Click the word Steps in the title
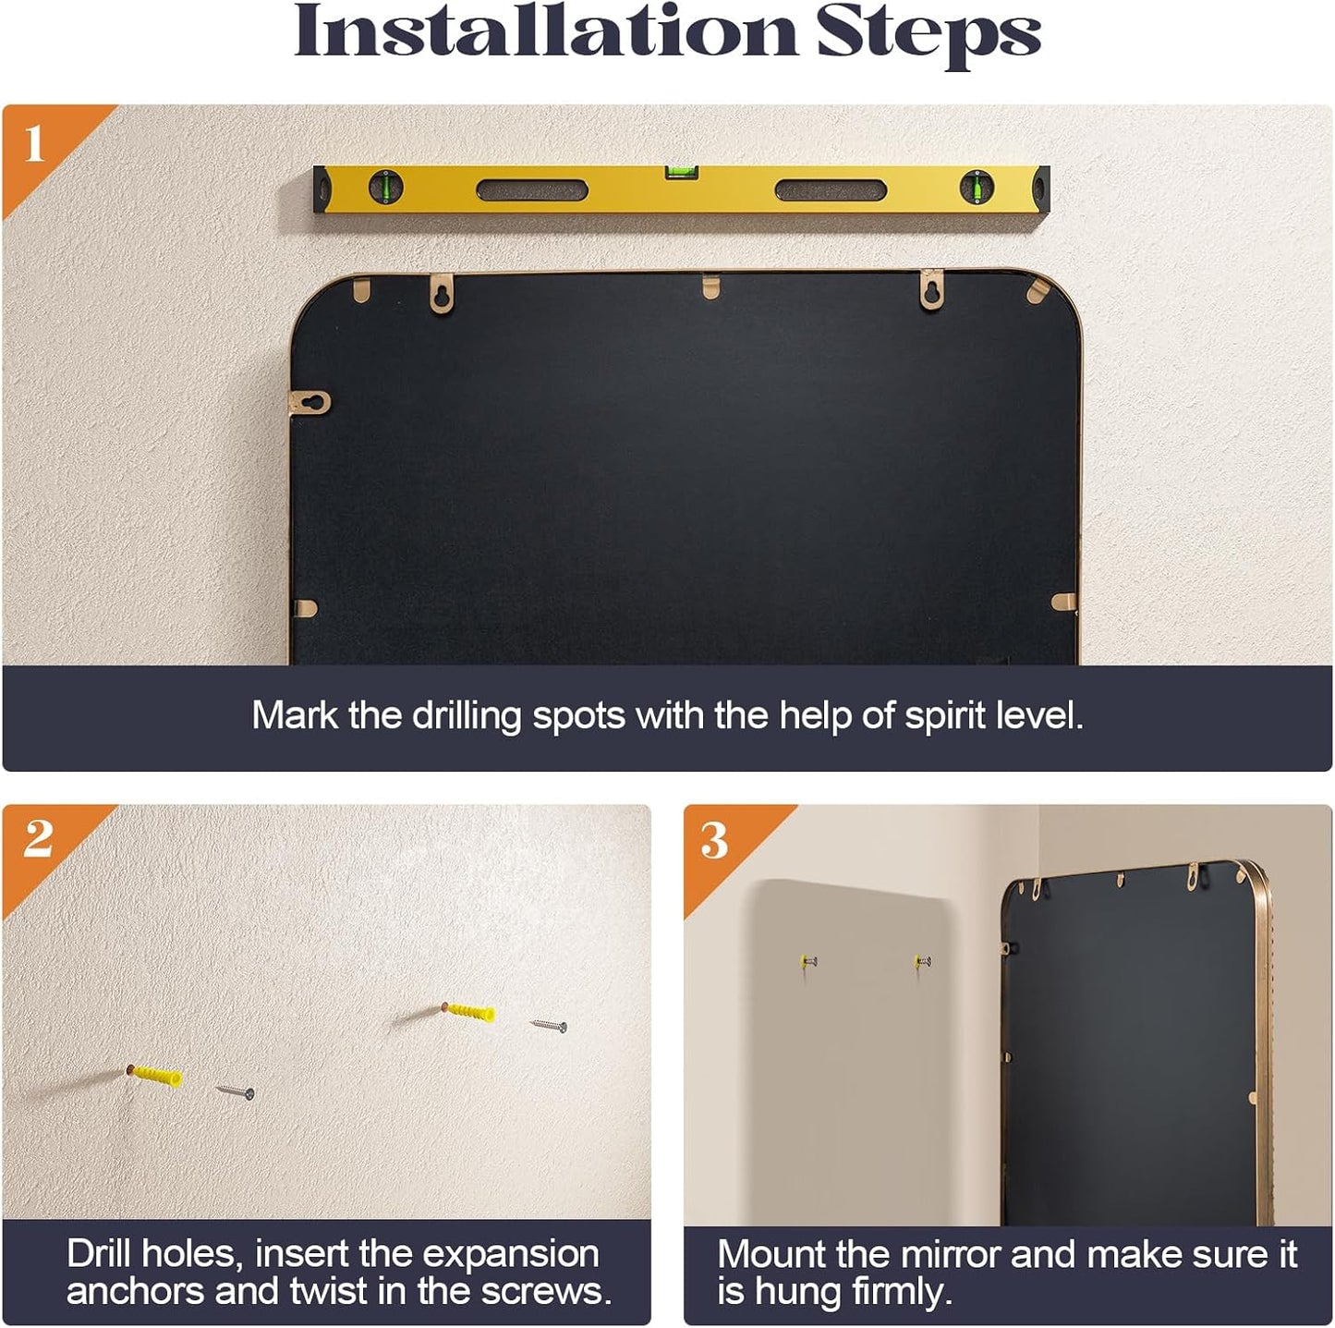coord(928,36)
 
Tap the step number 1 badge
coord(34,144)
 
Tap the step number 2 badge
coord(37,839)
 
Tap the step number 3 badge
coord(713,841)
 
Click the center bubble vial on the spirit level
coord(682,172)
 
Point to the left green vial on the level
coord(385,187)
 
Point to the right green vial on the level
coord(977,187)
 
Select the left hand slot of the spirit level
coord(532,190)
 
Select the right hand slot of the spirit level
coord(831,190)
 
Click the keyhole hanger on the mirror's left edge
coord(309,402)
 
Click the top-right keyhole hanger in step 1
coord(932,290)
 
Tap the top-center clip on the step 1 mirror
coord(710,286)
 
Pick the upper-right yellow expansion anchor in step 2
coord(469,1011)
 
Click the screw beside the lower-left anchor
coord(236,1091)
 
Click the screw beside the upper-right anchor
coord(549,1025)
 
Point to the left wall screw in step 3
coord(809,961)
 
